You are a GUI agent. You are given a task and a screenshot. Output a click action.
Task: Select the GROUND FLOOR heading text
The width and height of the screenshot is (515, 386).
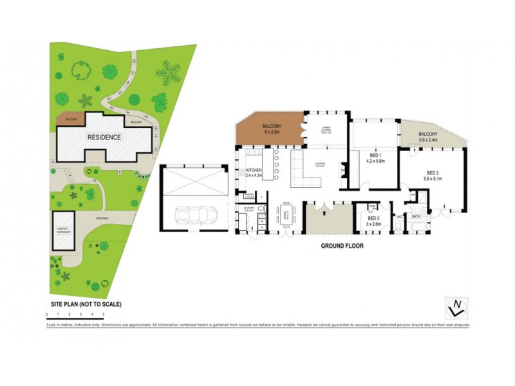click(342, 246)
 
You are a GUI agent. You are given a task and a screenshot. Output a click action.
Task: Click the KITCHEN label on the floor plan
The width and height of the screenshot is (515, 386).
click(254, 171)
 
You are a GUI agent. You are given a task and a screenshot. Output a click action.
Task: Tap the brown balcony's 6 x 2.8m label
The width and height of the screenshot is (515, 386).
click(270, 131)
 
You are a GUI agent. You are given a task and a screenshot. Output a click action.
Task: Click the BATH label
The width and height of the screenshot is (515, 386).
click(416, 217)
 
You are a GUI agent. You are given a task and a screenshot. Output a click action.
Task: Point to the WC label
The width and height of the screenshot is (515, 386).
click(399, 217)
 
